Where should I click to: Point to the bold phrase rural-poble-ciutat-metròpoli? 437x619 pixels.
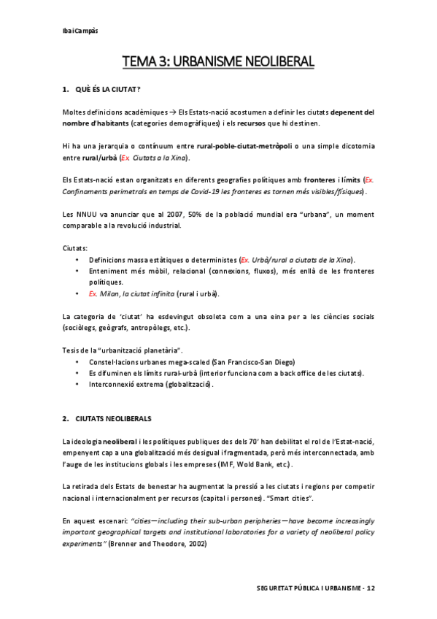coord(244,146)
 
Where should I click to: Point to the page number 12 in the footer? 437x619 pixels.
coord(371,587)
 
